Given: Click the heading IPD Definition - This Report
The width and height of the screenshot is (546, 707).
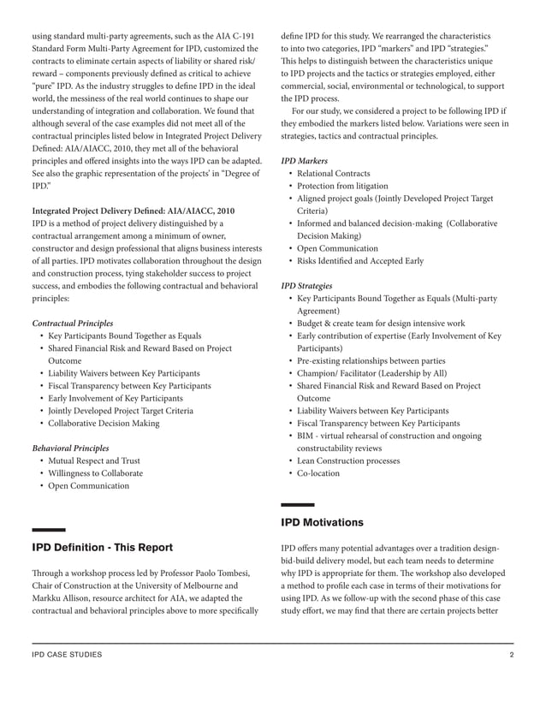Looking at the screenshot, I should coord(102,548).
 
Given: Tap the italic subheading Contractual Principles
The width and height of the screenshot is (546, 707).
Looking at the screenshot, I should coord(72,324).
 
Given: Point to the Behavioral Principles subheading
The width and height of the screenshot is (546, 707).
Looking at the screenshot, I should coord(70,448).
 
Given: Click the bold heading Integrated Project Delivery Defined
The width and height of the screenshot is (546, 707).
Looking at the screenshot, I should coord(133,210).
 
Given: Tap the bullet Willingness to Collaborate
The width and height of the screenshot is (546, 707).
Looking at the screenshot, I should coord(95,473).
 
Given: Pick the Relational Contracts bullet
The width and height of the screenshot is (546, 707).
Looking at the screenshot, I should coord(334,174).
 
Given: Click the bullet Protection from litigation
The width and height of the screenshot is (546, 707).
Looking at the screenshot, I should coord(342,186).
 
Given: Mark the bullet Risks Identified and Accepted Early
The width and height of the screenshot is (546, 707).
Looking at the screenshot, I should coord(359,260).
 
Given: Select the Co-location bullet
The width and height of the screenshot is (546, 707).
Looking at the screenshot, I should coord(318,473).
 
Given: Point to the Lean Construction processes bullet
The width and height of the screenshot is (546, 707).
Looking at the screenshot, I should coord(347,460).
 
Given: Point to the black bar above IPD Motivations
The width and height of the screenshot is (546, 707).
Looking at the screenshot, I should coord(297,505).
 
